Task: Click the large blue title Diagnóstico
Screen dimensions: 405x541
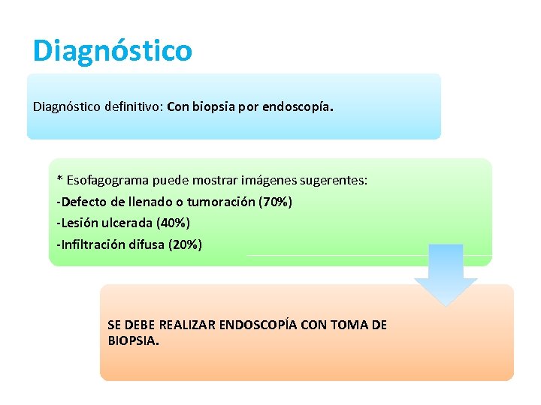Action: [x=113, y=51]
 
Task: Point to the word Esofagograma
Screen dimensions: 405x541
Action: [x=107, y=180]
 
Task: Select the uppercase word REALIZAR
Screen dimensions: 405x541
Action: [x=182, y=325]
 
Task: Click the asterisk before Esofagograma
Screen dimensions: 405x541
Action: [x=60, y=180]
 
